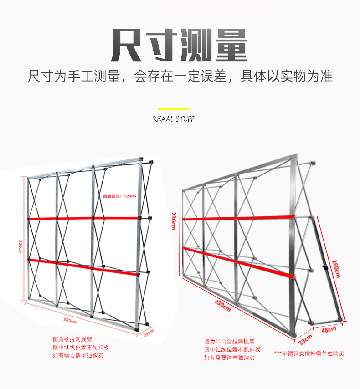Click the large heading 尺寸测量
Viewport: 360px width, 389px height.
(180, 45)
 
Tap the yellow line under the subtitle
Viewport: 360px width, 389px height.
(174, 109)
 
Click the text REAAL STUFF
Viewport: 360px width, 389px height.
(174, 119)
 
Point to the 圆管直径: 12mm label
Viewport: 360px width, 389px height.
(119, 196)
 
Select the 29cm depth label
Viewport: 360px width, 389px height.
(149, 333)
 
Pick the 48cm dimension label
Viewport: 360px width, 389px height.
(329, 329)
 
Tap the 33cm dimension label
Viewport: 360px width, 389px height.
(305, 338)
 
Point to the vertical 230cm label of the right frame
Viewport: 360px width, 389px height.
(174, 220)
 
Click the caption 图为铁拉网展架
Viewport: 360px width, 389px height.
(72, 339)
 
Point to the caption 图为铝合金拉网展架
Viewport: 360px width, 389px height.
(229, 342)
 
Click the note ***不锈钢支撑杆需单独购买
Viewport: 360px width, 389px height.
(309, 353)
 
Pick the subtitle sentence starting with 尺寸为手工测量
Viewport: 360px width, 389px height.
(180, 76)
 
